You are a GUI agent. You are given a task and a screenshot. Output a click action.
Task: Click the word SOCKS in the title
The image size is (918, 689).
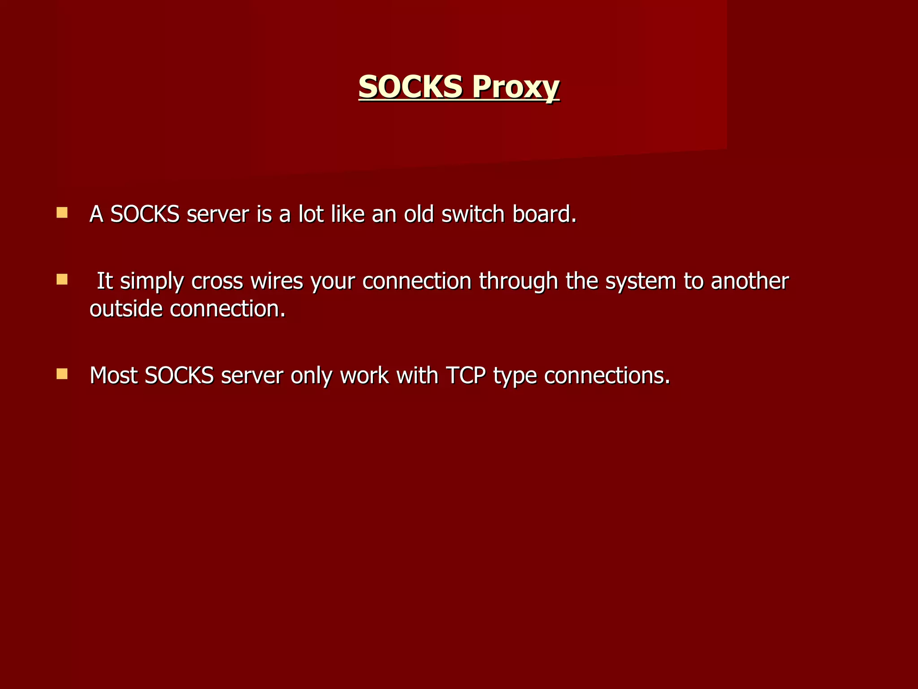[x=410, y=86]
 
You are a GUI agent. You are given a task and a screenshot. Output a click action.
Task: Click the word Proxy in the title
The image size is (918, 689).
[x=515, y=86]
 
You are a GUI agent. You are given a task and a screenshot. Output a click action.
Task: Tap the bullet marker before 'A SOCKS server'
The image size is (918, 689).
[x=62, y=212]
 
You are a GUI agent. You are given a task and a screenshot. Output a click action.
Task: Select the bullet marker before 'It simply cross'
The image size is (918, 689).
[x=62, y=280]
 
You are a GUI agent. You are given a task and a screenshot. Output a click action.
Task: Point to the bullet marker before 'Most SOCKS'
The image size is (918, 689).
[x=62, y=374]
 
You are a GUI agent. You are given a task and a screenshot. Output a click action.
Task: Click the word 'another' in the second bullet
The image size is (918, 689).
[x=749, y=281]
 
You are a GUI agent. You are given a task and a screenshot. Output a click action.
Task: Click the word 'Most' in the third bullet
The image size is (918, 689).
[x=113, y=375]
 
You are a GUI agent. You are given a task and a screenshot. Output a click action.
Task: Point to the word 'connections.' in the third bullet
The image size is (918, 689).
[x=607, y=375]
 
